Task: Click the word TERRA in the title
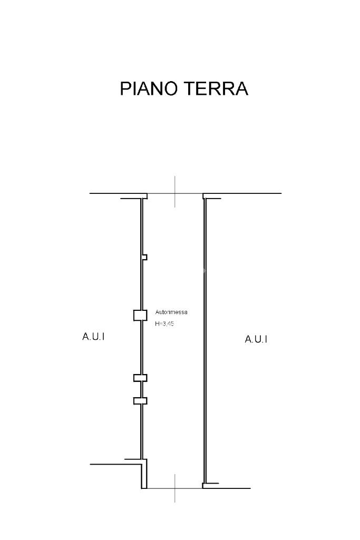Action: (x=216, y=89)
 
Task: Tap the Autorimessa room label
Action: (x=171, y=312)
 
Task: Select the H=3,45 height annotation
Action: (x=164, y=324)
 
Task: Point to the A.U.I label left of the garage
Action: (x=93, y=337)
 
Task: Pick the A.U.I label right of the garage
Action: (x=256, y=339)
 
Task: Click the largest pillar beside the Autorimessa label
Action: (x=140, y=315)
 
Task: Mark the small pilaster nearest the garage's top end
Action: (x=144, y=257)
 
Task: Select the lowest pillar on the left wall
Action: (x=140, y=400)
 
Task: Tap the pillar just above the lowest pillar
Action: (x=140, y=378)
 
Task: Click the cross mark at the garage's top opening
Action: (x=175, y=193)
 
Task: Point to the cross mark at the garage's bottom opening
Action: (x=175, y=488)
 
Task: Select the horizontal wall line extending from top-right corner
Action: (x=242, y=193)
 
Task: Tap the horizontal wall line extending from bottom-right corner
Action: (x=227, y=488)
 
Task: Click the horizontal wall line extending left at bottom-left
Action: (x=113, y=464)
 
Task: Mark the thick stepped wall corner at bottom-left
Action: (x=144, y=474)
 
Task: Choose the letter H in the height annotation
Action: (x=157, y=324)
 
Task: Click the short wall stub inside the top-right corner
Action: (x=212, y=199)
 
